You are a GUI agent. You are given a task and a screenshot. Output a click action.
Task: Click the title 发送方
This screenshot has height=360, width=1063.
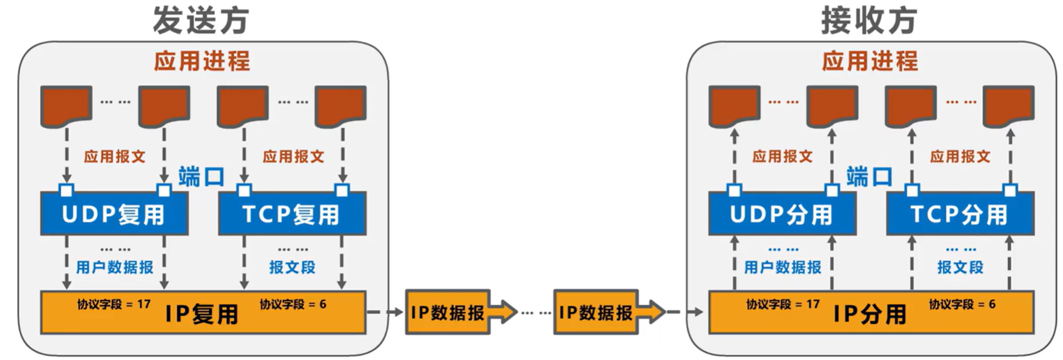(x=201, y=20)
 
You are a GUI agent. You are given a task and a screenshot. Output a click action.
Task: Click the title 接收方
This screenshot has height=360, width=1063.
(x=869, y=20)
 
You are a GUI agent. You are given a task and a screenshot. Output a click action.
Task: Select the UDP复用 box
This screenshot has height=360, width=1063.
(x=114, y=214)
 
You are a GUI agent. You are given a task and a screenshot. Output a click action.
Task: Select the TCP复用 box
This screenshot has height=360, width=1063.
(x=292, y=214)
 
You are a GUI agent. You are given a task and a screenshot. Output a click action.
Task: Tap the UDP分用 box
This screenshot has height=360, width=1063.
(x=782, y=214)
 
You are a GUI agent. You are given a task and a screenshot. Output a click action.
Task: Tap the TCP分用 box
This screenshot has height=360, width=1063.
(x=960, y=214)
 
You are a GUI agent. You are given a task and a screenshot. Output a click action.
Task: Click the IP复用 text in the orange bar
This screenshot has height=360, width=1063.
(x=202, y=314)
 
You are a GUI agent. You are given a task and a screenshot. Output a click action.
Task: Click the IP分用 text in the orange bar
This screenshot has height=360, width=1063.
(x=870, y=314)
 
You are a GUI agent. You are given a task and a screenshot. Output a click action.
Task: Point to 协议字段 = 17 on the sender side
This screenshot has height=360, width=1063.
(x=114, y=304)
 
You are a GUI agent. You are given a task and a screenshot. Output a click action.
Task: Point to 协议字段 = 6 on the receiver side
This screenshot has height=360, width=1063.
(x=962, y=304)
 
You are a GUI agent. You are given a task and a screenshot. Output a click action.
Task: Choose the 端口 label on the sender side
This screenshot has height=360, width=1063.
(x=201, y=176)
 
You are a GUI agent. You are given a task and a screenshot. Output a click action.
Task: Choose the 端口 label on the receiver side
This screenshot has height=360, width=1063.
(x=869, y=176)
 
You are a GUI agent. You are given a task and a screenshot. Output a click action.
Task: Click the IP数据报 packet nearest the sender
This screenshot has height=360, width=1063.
(x=447, y=313)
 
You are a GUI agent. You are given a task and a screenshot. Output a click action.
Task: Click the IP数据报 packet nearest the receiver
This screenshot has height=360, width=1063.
(x=596, y=313)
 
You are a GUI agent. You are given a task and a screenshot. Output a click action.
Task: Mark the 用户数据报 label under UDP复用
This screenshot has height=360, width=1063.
(x=114, y=267)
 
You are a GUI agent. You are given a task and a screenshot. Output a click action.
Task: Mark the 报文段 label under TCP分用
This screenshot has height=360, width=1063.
(x=960, y=267)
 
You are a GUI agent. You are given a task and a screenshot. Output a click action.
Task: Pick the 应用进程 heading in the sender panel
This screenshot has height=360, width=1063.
(x=202, y=61)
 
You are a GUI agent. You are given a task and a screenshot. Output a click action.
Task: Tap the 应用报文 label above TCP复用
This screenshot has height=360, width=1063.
(x=293, y=156)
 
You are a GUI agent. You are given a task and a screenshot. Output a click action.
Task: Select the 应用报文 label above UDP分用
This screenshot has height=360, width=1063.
(x=782, y=156)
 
